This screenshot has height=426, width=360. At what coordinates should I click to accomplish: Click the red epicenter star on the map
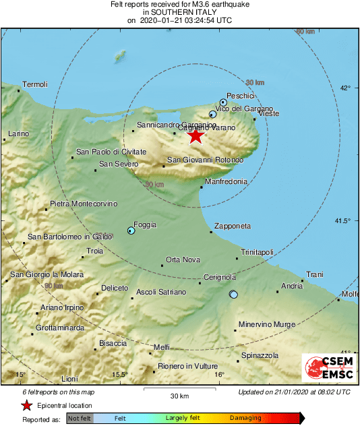click(x=195, y=136)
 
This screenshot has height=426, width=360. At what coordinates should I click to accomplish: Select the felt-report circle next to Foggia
click(x=131, y=231)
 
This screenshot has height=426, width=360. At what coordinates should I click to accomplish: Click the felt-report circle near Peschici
click(x=224, y=102)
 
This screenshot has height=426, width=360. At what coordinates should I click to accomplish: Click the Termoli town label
click(x=35, y=84)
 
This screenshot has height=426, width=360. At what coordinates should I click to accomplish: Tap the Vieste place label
click(x=268, y=114)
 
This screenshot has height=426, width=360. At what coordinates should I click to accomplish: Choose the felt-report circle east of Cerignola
click(x=233, y=295)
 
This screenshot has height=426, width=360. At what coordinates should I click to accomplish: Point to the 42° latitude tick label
click(x=346, y=88)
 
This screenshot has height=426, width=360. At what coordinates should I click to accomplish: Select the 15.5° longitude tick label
click(x=119, y=375)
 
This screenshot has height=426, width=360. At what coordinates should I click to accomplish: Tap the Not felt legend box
click(x=79, y=418)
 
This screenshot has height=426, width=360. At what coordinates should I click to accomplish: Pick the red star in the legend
click(x=26, y=405)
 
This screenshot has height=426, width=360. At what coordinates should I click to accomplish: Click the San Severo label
click(x=119, y=164)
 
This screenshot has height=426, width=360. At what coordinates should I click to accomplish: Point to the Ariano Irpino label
click(x=62, y=307)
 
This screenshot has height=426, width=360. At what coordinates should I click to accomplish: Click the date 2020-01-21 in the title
click(x=165, y=21)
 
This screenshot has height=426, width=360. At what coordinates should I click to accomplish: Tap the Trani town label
click(x=315, y=274)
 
